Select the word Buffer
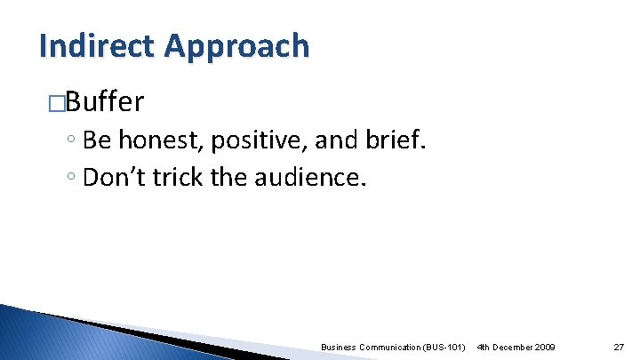tap(104, 102)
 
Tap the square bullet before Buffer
tap(56, 103)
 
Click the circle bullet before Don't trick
tap(70, 179)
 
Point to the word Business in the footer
tap(340, 345)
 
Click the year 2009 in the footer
tap(544, 345)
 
